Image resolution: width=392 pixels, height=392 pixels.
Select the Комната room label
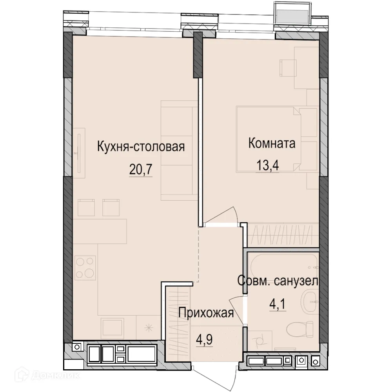click(x=271, y=143)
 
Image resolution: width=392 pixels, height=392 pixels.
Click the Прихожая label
click(x=206, y=313)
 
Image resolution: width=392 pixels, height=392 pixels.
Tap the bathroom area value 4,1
click(x=277, y=304)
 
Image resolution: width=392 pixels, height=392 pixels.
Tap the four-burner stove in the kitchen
click(x=85, y=267)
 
